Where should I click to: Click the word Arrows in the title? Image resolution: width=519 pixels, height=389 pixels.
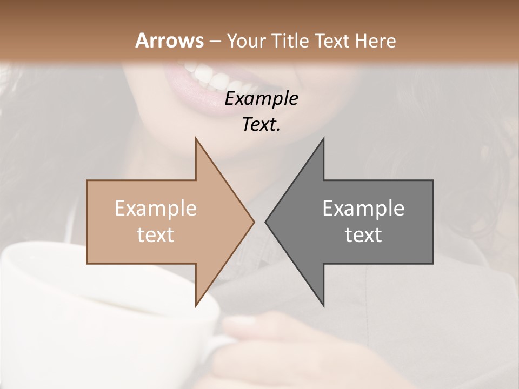[170, 41]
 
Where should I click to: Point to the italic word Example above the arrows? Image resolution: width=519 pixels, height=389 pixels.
[261, 99]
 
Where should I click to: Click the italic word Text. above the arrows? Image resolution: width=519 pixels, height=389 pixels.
[261, 125]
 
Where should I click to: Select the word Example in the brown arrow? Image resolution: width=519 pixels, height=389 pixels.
[156, 209]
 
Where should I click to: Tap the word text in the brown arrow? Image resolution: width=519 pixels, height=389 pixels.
[156, 235]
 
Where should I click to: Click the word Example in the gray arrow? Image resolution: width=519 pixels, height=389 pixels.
[363, 209]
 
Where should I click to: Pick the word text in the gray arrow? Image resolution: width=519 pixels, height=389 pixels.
[363, 235]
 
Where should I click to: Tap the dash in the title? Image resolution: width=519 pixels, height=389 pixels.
[215, 41]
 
